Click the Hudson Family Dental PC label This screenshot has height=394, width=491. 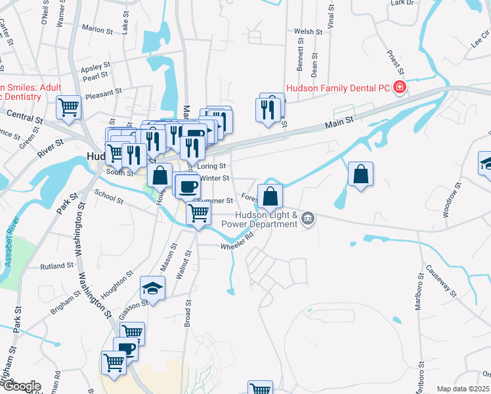click(337, 87)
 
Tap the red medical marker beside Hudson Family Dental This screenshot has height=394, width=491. click(399, 87)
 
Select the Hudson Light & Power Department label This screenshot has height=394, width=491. click(268, 219)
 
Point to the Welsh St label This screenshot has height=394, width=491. click(309, 32)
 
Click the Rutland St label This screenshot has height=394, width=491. click(57, 266)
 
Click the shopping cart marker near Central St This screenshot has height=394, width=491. click(68, 108)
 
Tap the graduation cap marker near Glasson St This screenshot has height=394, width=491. click(152, 288)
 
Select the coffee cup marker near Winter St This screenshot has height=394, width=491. click(188, 186)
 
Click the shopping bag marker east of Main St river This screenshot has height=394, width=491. click(360, 174)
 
